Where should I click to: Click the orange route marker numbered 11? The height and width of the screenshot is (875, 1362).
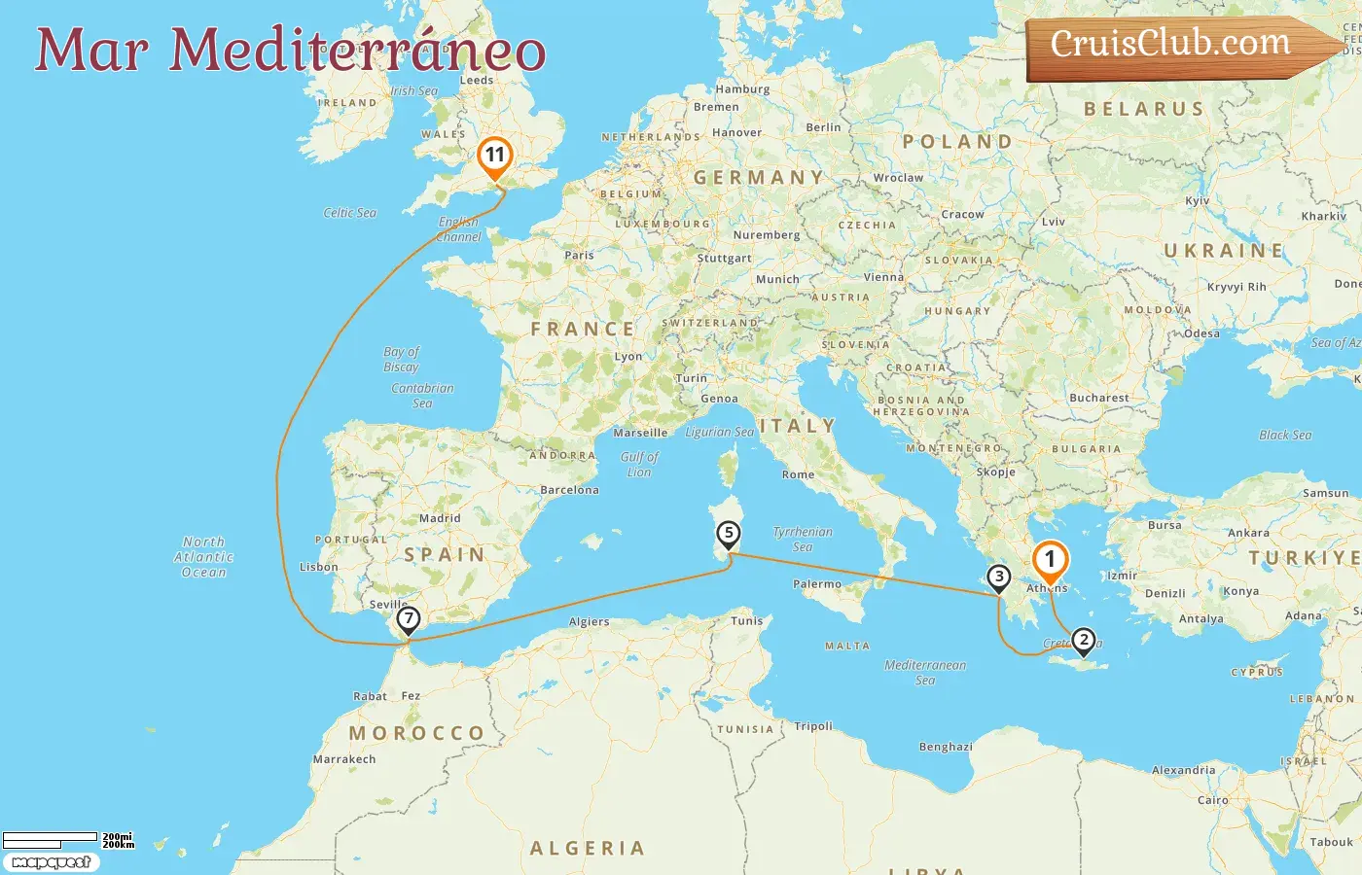(x=495, y=156)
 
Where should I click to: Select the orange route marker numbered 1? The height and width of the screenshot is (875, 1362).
(x=1050, y=560)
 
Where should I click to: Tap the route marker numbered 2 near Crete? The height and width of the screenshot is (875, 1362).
(x=1083, y=640)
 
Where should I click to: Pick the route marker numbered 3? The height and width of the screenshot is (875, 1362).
(x=999, y=577)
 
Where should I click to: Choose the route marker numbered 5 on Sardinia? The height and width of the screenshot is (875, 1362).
(x=728, y=534)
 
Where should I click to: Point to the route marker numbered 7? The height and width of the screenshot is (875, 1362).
(x=409, y=618)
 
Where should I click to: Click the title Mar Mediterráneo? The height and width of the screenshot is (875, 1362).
(x=290, y=51)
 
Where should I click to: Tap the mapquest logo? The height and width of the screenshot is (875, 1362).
(x=51, y=862)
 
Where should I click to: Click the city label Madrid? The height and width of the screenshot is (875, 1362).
(x=440, y=518)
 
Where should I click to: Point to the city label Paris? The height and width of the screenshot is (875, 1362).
(x=579, y=256)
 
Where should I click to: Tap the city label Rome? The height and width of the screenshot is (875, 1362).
(x=798, y=474)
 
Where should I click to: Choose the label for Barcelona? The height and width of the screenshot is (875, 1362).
(x=569, y=490)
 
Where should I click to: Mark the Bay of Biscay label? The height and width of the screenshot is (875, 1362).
(x=401, y=359)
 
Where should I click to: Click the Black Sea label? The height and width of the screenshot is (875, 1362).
(x=1285, y=435)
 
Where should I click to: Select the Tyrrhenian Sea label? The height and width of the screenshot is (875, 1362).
(x=803, y=539)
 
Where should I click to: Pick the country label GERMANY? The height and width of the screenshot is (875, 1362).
(x=759, y=178)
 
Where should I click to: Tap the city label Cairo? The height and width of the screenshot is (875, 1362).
(x=1212, y=800)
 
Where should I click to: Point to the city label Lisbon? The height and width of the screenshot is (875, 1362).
(x=319, y=567)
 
